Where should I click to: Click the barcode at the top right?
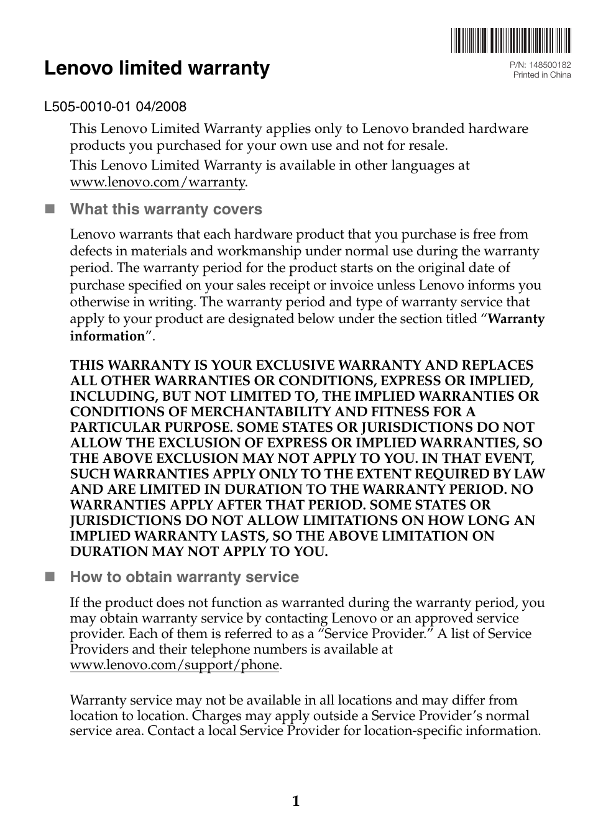511,40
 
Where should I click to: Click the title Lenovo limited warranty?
157,68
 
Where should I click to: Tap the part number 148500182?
549,65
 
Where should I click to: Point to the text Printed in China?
541,75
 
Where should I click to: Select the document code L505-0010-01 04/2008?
115,106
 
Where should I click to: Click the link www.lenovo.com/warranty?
158,182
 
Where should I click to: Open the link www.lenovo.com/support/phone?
175,665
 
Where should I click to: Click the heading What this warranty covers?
166,209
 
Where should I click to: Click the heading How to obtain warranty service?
184,577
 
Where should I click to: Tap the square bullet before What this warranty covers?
50,209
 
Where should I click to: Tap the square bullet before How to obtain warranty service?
50,577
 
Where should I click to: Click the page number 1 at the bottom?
296,801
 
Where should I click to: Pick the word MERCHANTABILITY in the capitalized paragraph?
260,412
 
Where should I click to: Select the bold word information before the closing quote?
107,336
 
